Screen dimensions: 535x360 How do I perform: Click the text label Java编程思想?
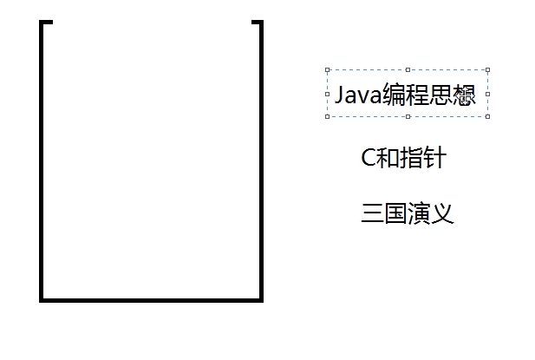click(x=406, y=94)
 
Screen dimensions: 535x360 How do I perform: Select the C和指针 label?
click(x=403, y=158)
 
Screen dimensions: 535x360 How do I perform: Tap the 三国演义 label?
click(x=407, y=213)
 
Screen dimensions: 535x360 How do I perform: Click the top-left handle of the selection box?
click(x=327, y=70)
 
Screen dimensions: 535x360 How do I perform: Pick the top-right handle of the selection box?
click(x=487, y=70)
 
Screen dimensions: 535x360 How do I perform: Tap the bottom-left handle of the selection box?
click(x=327, y=116)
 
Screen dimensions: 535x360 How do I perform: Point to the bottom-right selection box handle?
click(x=487, y=116)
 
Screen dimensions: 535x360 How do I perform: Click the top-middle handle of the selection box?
click(x=408, y=70)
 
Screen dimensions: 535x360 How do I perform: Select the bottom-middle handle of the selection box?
click(x=408, y=116)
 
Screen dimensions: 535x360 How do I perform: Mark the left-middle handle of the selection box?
click(x=327, y=94)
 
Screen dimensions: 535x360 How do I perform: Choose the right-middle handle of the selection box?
click(x=487, y=94)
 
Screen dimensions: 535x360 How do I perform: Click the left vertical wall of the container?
click(x=42, y=165)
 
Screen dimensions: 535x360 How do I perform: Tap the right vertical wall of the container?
click(x=260, y=165)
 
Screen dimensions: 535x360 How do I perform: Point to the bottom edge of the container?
click(x=152, y=300)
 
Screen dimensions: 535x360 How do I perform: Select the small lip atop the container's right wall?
click(x=256, y=23)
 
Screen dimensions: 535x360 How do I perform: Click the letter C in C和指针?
click(x=369, y=158)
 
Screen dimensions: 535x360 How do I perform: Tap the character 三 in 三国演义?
click(x=372, y=213)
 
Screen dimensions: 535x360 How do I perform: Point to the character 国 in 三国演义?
click(x=395, y=213)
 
